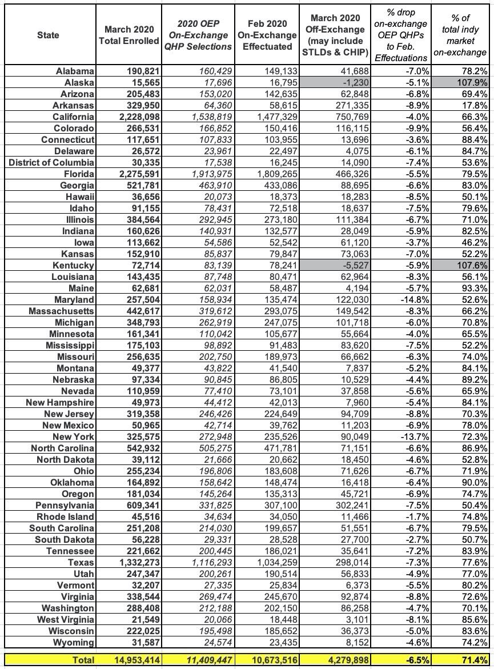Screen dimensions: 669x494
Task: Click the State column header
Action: point(48,35)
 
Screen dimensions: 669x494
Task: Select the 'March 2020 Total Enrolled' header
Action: point(130,35)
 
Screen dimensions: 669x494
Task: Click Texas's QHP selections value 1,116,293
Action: point(207,563)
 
